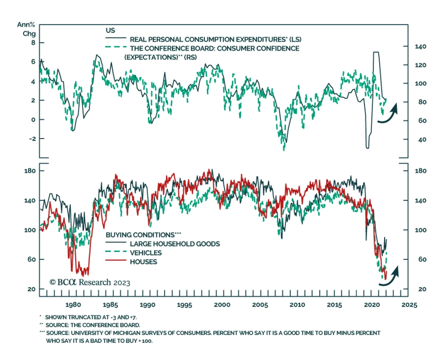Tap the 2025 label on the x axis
click(409, 305)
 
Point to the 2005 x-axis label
click(260, 305)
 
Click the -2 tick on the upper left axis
click(33, 139)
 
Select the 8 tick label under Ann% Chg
click(33, 43)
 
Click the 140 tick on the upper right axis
click(420, 46)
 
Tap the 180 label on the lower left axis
click(30, 171)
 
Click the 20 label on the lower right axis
click(422, 289)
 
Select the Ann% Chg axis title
click(26, 29)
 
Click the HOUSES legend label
click(143, 262)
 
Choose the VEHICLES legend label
click(146, 253)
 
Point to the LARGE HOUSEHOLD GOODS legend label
click(175, 244)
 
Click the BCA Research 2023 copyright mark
click(90, 282)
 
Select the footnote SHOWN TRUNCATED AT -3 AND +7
click(91, 317)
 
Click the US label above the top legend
click(110, 31)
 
